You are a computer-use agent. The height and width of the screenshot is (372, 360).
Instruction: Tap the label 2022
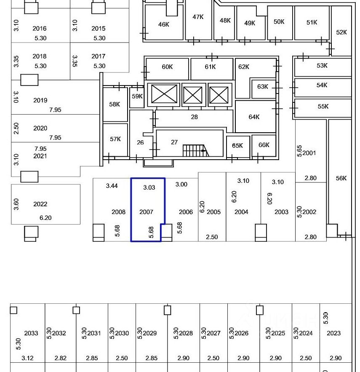(40, 204)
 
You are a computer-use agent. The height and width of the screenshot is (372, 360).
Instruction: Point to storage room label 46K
(163, 24)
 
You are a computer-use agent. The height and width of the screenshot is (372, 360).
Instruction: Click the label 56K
(341, 178)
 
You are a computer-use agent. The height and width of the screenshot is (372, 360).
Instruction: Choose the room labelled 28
(194, 117)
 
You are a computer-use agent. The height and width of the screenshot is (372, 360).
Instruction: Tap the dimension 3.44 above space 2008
(112, 186)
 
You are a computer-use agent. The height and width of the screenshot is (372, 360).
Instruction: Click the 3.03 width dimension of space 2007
(149, 187)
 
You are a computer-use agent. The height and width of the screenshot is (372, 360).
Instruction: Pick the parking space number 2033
(31, 333)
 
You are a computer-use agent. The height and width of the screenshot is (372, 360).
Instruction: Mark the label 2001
(309, 153)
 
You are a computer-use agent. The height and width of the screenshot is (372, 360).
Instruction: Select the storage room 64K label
(254, 117)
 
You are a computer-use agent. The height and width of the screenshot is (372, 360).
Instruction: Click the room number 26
(140, 142)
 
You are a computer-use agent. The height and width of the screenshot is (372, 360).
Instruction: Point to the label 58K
(115, 104)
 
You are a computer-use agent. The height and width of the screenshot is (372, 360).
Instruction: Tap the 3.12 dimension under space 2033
(28, 358)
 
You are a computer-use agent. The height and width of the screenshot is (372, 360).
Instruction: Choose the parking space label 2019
(40, 101)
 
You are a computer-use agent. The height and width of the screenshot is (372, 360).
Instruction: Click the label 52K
(341, 32)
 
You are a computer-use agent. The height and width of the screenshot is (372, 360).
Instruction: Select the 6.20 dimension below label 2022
(45, 218)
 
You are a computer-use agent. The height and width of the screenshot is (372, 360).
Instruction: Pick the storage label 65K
(237, 146)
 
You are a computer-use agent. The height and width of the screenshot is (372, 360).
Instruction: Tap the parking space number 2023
(333, 333)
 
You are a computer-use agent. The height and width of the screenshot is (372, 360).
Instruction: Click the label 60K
(167, 67)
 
